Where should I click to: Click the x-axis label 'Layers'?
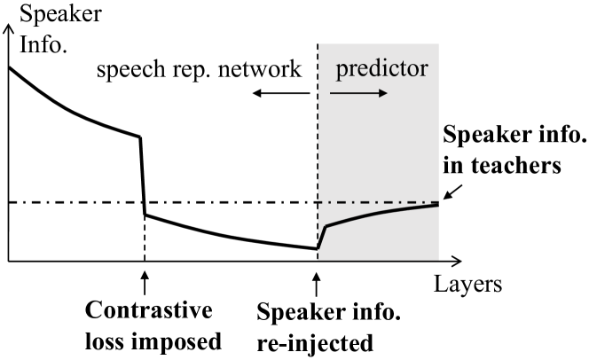point(469,285)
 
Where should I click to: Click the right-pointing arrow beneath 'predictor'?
point(362,92)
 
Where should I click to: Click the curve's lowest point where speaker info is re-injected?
point(317,248)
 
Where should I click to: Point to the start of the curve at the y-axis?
point(10,67)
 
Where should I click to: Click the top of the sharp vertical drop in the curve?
point(140,137)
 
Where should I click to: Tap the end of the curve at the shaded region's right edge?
point(437,205)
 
